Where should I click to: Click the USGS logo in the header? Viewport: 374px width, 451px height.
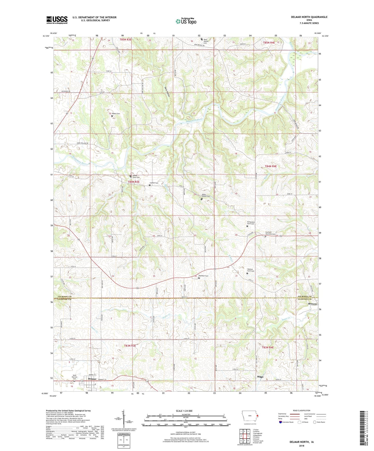(57, 20)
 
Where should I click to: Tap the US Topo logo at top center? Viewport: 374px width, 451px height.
(186, 21)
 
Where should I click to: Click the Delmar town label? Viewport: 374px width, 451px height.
(92, 379)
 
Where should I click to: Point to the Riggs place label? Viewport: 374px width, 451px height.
(260, 377)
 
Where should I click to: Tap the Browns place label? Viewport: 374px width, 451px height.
(312, 304)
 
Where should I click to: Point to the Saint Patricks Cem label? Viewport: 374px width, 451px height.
(75, 377)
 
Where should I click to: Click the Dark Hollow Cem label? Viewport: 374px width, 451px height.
(206, 41)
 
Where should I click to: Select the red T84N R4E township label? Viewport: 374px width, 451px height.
(271, 166)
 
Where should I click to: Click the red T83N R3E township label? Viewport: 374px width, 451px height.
(130, 346)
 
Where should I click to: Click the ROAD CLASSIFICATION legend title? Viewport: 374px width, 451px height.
(301, 410)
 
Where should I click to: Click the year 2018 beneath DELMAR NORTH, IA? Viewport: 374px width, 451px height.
(301, 446)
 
